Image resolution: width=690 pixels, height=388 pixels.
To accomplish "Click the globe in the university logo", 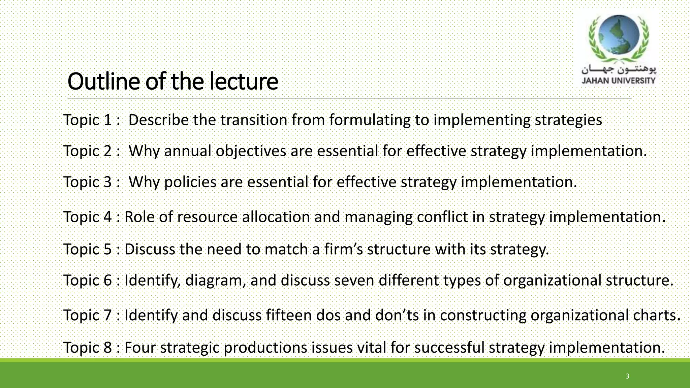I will [618, 36].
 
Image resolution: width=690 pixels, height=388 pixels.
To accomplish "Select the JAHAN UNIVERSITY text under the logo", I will [619, 80].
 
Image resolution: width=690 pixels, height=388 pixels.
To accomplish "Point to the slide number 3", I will [627, 376].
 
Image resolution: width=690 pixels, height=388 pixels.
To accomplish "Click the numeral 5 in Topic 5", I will [107, 249].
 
